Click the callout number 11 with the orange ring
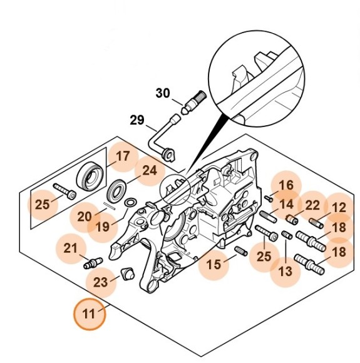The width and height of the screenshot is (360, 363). click(90, 314)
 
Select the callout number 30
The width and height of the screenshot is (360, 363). click(163, 93)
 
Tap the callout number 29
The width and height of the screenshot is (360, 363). click(137, 120)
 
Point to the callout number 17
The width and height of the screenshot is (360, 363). click(123, 156)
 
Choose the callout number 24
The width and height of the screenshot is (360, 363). click(150, 171)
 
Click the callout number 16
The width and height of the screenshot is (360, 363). click(286, 185)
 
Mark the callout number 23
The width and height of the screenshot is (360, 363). click(101, 282)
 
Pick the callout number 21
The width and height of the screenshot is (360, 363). click(70, 248)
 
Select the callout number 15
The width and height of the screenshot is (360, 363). click(213, 265)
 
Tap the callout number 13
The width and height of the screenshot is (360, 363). click(285, 272)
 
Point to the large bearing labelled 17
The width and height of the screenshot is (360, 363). click(90, 176)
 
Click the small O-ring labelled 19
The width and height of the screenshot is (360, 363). click(130, 203)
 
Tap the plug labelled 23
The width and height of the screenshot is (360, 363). click(128, 274)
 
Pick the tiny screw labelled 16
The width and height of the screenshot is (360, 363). click(269, 198)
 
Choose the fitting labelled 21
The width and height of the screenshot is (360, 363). click(93, 263)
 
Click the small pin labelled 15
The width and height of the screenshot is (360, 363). click(242, 251)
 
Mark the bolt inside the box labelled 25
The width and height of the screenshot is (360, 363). click(64, 191)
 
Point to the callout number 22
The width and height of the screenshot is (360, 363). click(312, 205)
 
